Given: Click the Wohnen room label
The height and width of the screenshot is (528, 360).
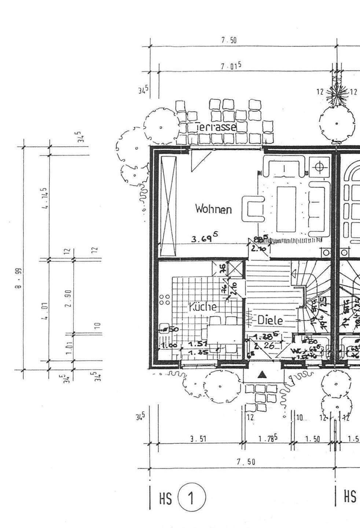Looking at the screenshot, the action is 213,209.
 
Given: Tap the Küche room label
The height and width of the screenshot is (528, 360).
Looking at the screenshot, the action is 202,307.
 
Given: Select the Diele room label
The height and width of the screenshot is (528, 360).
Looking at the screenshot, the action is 270,320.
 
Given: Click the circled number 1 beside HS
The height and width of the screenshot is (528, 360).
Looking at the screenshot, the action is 191,498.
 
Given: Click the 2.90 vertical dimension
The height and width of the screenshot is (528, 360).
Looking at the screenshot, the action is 69,298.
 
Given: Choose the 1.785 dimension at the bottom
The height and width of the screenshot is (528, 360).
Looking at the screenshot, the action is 267,439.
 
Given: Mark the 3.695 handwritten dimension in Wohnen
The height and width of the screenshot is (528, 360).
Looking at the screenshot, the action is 205,239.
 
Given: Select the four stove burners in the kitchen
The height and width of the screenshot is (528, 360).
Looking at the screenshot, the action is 165,299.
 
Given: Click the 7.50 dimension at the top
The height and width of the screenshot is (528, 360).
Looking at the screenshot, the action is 229,41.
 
